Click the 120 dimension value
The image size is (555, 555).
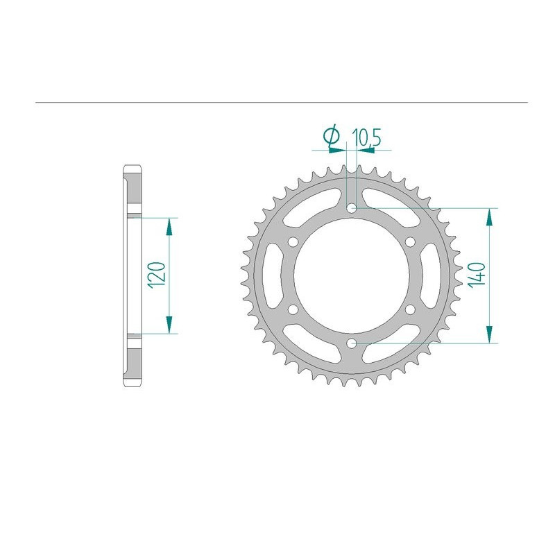[x=157, y=275]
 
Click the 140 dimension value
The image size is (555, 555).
[x=477, y=275]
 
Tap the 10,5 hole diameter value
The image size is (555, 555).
[x=366, y=137]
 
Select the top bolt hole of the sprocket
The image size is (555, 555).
[x=352, y=207]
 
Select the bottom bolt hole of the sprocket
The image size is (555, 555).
[x=352, y=343]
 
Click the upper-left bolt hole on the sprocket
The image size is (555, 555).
[x=293, y=241]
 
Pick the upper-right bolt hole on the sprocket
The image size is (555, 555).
[x=411, y=241]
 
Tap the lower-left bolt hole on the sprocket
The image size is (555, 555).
[x=293, y=309]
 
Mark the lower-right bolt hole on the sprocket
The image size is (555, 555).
[x=411, y=309]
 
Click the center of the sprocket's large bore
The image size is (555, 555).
[x=352, y=275]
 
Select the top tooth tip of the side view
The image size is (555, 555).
[x=133, y=167]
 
